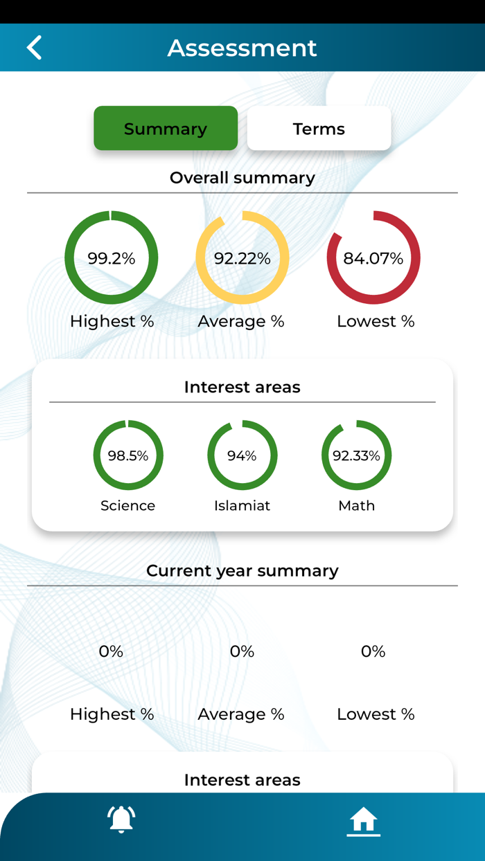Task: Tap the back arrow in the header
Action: click(34, 48)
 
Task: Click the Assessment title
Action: click(242, 48)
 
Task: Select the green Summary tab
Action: click(166, 129)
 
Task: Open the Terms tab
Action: click(319, 129)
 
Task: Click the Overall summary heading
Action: click(242, 178)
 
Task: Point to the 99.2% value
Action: click(112, 258)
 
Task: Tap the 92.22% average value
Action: click(242, 258)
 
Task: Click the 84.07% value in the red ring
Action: click(373, 258)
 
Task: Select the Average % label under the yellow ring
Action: click(241, 321)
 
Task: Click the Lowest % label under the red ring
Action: click(376, 321)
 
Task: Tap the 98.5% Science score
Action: click(128, 455)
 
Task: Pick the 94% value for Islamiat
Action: click(242, 455)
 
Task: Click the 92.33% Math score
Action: click(356, 455)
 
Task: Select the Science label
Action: click(128, 505)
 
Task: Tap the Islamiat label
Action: click(242, 505)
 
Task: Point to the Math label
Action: click(356, 505)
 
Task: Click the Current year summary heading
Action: click(242, 571)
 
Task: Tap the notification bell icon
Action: click(121, 819)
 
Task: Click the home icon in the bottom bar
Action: click(363, 821)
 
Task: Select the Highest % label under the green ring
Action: click(112, 321)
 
